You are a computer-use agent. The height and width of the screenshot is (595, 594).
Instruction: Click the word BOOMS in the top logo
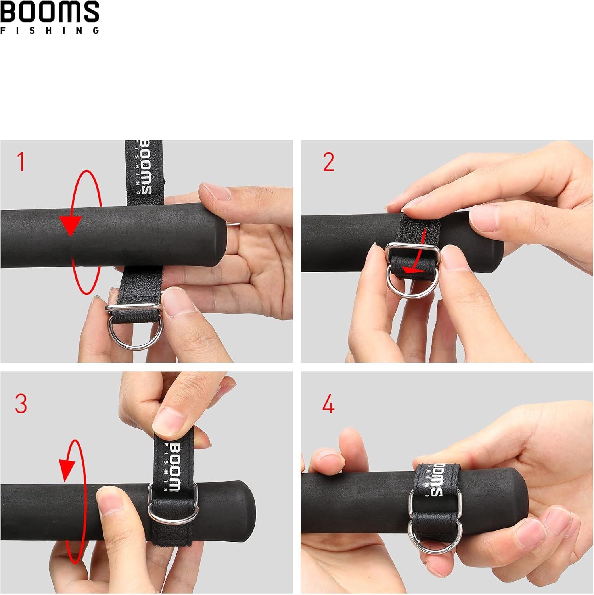click(x=50, y=12)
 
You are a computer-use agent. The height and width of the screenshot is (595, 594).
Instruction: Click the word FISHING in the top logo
click(x=50, y=31)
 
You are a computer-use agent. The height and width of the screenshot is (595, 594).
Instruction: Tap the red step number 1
click(x=21, y=162)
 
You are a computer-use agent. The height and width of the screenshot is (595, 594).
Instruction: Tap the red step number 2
click(x=329, y=162)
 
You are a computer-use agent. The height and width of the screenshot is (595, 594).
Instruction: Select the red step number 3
click(x=21, y=403)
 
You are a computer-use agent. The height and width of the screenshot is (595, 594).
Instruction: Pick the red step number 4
click(x=328, y=404)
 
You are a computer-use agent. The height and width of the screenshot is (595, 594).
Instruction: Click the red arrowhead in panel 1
click(x=71, y=226)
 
